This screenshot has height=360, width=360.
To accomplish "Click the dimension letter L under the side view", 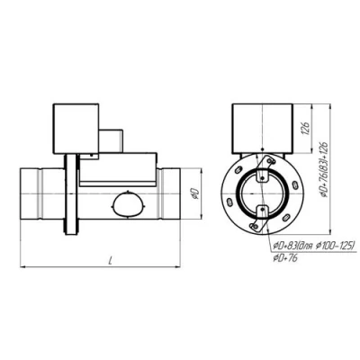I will pyautogui.click(x=108, y=260).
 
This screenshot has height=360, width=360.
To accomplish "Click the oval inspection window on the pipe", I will pyautogui.click(x=125, y=205).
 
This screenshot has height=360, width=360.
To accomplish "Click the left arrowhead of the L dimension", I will pyautogui.click(x=22, y=266).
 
